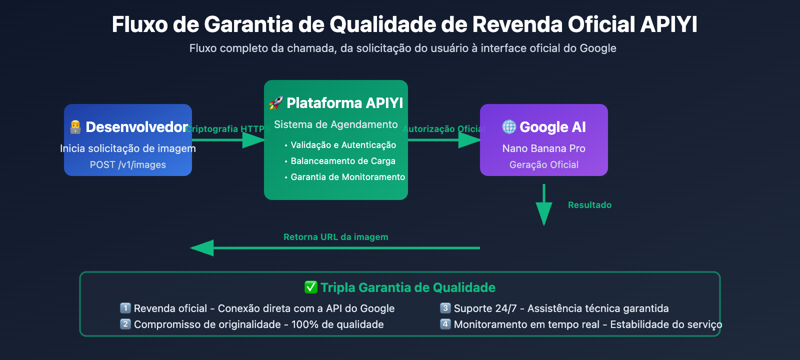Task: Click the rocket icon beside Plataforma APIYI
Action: (x=276, y=103)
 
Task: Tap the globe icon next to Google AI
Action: (x=509, y=127)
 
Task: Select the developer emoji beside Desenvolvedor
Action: (x=75, y=127)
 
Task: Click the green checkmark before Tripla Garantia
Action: (x=311, y=287)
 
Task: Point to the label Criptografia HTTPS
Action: (x=228, y=129)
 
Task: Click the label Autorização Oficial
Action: (x=443, y=129)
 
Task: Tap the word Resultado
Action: (x=589, y=205)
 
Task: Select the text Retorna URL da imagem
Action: (x=335, y=237)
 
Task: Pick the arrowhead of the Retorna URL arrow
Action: (x=202, y=248)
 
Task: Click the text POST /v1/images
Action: (x=128, y=164)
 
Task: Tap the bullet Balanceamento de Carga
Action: (x=343, y=161)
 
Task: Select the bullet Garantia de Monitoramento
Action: (x=347, y=177)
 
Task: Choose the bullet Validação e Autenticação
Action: (x=343, y=145)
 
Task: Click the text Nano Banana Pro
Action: (x=543, y=148)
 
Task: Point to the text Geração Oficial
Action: (x=543, y=164)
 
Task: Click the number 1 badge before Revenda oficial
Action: (x=125, y=308)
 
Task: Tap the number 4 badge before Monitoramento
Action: (x=445, y=324)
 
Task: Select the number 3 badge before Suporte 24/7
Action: (x=445, y=308)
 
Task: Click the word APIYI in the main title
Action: (x=668, y=24)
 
